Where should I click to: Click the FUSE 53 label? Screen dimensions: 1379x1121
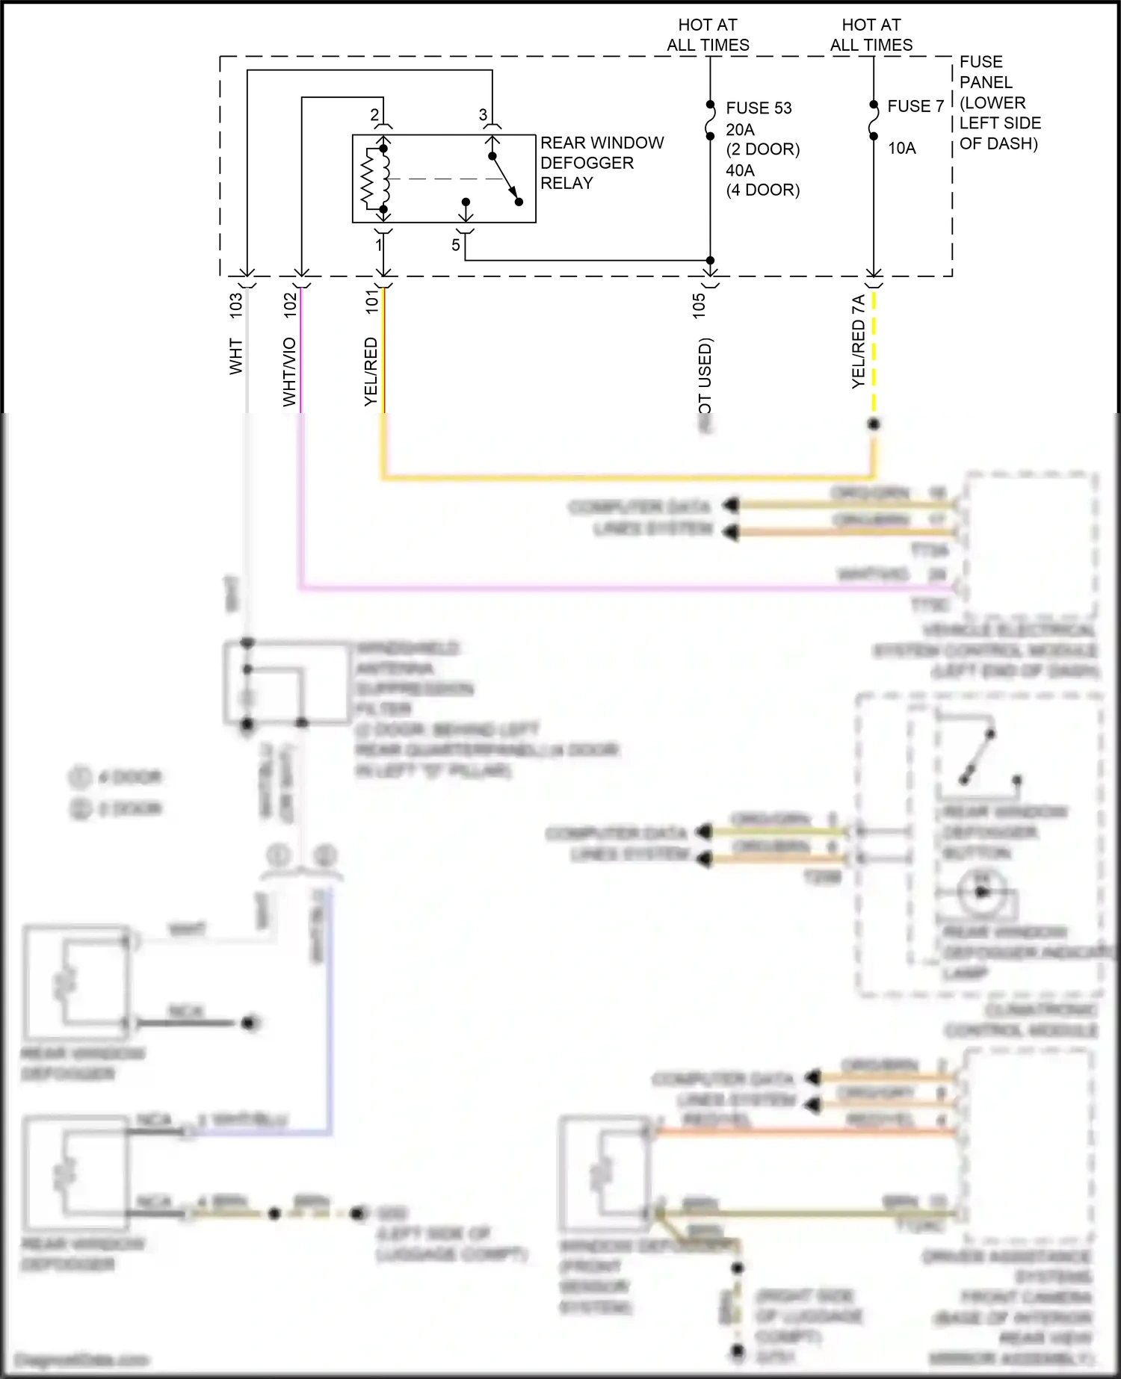759,108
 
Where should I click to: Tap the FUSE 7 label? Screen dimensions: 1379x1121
915,106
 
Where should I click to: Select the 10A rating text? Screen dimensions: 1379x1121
902,148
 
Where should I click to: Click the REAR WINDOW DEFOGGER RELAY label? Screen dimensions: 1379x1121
601,163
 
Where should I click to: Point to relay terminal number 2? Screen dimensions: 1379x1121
374,115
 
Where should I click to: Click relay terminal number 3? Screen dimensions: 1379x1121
483,115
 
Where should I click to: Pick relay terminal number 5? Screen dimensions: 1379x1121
456,245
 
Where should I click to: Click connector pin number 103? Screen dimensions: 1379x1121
236,305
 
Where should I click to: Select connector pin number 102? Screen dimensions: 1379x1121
290,305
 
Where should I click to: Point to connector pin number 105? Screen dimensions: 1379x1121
699,305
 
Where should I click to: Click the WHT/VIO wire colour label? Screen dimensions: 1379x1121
289,371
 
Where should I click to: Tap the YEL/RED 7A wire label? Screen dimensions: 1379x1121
858,341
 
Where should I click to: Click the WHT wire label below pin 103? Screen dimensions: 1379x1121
236,356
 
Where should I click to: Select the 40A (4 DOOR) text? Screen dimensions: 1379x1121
762,180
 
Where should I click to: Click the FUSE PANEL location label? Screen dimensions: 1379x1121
998,102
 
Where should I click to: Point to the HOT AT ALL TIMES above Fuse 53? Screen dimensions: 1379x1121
708,35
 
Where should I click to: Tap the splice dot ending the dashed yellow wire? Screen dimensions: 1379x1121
873,424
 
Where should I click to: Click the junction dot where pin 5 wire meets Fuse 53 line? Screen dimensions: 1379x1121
710,261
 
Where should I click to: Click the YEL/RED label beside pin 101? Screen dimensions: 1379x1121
371,371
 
